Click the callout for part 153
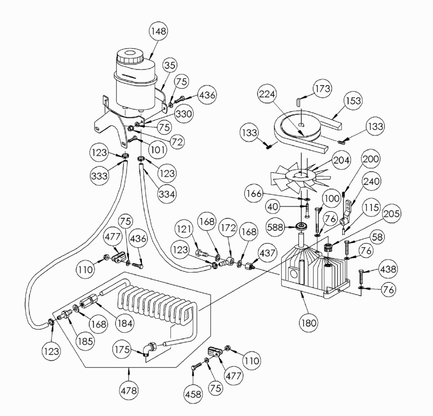353,101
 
